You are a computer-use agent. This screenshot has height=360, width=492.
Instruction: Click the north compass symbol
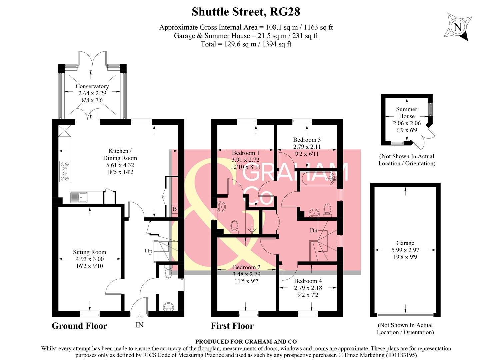point(458,27)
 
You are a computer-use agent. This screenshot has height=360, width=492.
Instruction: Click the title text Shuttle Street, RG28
point(246,12)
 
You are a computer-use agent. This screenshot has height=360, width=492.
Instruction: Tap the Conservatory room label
point(92,86)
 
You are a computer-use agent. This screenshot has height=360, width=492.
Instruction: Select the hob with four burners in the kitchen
point(65,171)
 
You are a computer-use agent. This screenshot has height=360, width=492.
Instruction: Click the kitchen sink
point(79,197)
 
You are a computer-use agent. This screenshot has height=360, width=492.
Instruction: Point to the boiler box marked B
point(174,209)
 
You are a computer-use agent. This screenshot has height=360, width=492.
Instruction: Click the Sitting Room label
point(89,252)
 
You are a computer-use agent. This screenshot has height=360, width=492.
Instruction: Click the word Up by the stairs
point(148,251)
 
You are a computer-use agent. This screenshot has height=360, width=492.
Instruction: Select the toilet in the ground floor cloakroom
point(169,272)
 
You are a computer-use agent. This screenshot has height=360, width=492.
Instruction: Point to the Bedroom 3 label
point(307,140)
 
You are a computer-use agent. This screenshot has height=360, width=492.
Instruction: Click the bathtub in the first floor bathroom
point(318,179)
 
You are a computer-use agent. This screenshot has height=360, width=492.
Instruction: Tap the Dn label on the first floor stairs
point(313,230)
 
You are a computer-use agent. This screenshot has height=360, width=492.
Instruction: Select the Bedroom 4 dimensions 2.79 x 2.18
point(308,288)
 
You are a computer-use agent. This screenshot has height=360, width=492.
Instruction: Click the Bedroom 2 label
point(246,267)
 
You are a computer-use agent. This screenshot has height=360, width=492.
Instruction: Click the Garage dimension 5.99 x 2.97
point(405,250)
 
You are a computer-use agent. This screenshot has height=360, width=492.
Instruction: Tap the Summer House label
point(406,113)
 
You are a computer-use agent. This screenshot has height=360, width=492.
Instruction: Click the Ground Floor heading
point(79,326)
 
